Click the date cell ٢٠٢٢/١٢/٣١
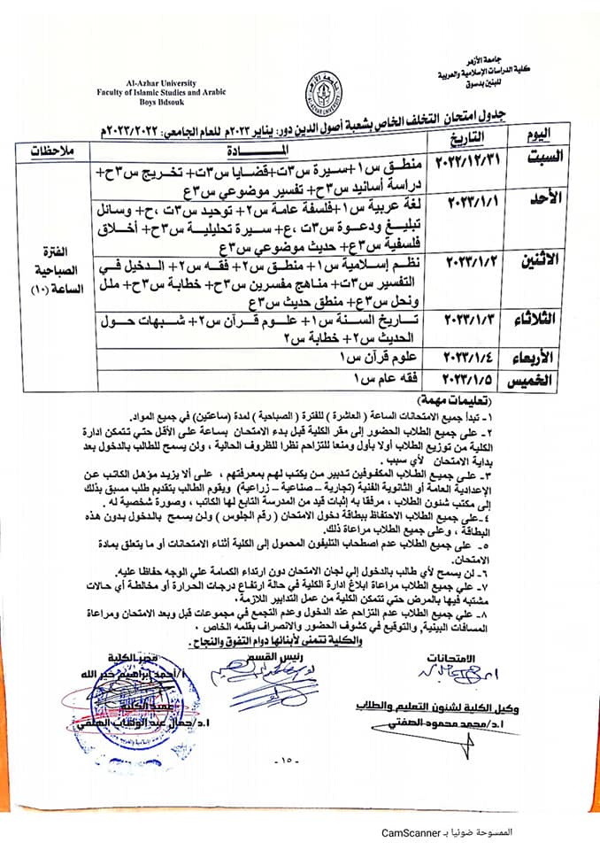click(x=467, y=162)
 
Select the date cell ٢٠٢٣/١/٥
click(x=467, y=381)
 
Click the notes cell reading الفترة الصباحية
click(x=54, y=266)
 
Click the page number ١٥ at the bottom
click(x=288, y=759)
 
